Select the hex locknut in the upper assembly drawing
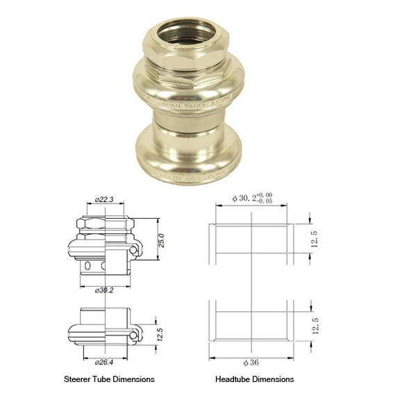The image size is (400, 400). [106, 223]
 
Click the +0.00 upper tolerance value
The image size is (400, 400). [265, 195]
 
